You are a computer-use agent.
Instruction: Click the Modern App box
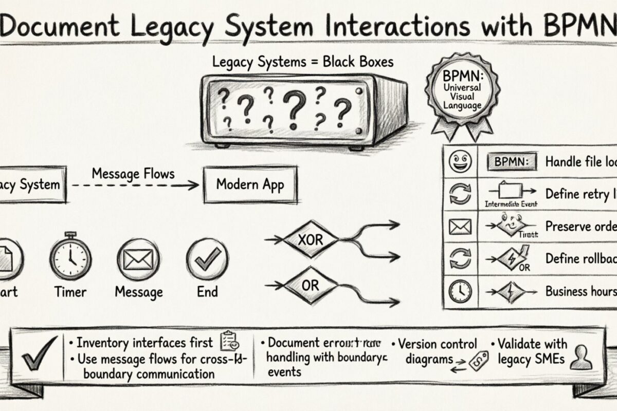pos(250,184)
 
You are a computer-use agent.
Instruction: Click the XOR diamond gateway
pos(311,239)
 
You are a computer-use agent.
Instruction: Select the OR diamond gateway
pos(310,285)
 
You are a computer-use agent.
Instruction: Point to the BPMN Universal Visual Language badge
pos(462,95)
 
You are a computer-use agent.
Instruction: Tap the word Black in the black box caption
pos(339,63)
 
